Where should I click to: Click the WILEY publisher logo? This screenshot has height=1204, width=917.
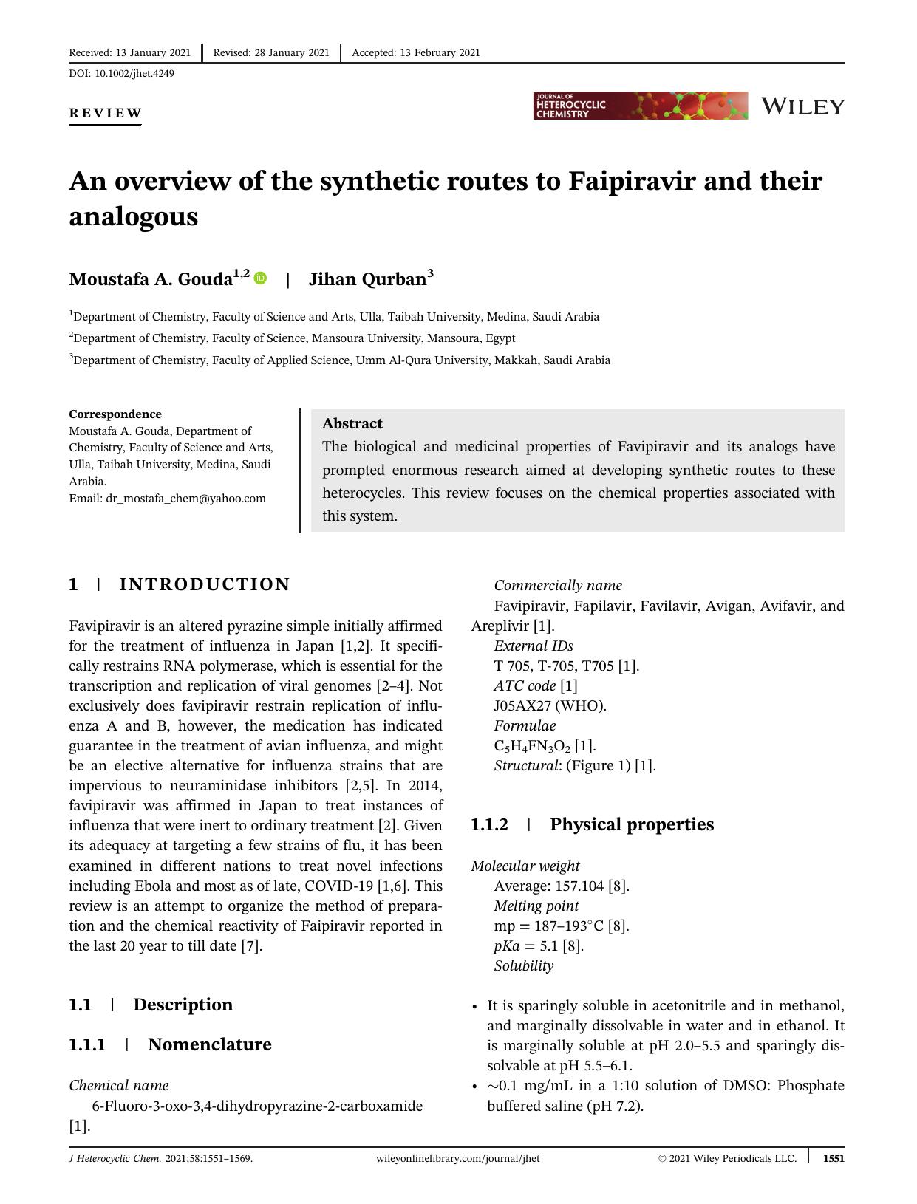802,106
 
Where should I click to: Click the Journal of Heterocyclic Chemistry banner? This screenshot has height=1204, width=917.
640,106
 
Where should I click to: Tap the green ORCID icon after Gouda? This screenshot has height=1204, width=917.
260,278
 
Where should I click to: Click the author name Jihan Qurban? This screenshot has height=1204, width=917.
367,279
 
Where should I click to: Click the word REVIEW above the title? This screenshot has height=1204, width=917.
105,113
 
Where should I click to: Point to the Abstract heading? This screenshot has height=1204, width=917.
352,423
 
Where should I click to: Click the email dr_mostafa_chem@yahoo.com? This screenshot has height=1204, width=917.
185,499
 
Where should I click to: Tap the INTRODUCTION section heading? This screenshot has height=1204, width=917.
205,584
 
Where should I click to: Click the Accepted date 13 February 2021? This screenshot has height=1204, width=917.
440,52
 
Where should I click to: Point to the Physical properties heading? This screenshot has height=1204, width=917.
631,824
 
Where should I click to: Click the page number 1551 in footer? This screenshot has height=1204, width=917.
833,1158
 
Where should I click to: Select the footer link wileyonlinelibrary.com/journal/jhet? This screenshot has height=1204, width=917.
457,1158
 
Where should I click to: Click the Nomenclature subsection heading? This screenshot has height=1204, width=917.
209,1044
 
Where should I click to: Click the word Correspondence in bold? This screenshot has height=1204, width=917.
115,414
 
